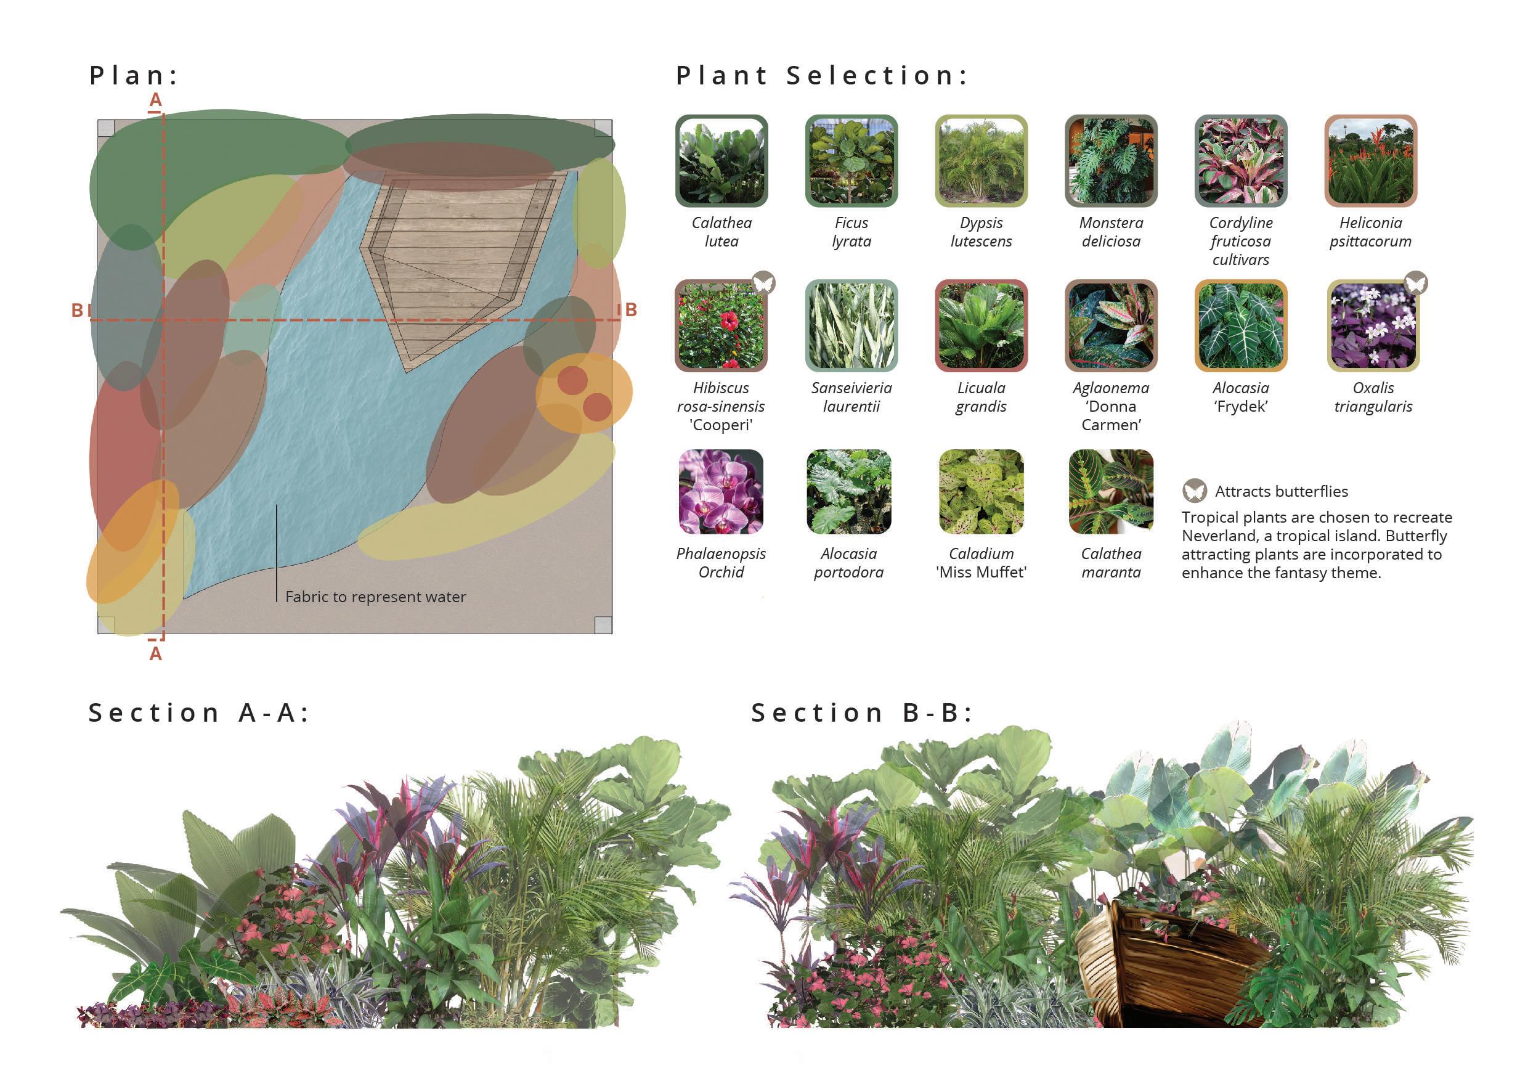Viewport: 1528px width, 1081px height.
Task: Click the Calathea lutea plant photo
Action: (x=721, y=160)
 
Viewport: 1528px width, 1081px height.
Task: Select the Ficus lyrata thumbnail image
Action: (x=851, y=160)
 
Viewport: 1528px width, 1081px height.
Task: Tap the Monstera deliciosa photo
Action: (x=1111, y=160)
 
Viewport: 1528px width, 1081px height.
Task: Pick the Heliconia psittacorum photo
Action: (x=1370, y=160)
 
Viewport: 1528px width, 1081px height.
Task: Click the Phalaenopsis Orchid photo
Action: (x=721, y=491)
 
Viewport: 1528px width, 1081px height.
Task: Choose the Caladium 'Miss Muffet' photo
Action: (x=981, y=491)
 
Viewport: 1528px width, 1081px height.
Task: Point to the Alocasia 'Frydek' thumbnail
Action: (x=1240, y=325)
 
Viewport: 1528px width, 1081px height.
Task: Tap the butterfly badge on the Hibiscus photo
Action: (x=763, y=283)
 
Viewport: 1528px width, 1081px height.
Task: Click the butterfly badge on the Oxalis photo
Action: (x=1415, y=283)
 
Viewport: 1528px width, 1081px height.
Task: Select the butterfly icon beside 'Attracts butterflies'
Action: (x=1195, y=491)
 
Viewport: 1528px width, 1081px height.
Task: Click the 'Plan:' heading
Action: (x=134, y=75)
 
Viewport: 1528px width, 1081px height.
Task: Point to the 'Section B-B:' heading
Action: (x=862, y=713)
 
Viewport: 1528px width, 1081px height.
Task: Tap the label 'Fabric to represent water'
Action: (x=375, y=597)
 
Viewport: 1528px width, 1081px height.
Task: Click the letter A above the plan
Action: (x=156, y=100)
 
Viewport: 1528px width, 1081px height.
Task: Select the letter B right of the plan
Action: (x=631, y=309)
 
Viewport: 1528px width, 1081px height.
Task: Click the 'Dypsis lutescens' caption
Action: (x=981, y=232)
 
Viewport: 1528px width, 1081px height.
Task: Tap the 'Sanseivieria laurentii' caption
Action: (x=851, y=398)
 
